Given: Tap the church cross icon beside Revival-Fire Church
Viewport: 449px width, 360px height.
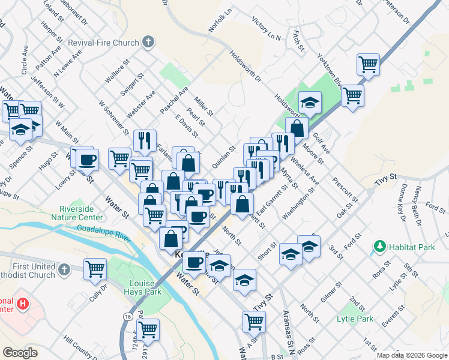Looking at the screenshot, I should [x=148, y=43].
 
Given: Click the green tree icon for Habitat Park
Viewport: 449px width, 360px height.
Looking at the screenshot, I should [x=379, y=246].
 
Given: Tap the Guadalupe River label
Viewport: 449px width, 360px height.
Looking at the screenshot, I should [x=103, y=233].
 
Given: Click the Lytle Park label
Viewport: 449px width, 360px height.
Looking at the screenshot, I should [x=355, y=319].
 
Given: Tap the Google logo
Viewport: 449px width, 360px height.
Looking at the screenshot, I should [x=20, y=352].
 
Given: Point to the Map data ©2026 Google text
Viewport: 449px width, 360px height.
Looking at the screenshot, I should [x=411, y=355].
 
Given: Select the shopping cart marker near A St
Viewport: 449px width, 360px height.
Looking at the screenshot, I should [x=254, y=321].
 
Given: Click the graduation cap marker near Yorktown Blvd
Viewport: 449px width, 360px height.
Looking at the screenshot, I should [x=310, y=103].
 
